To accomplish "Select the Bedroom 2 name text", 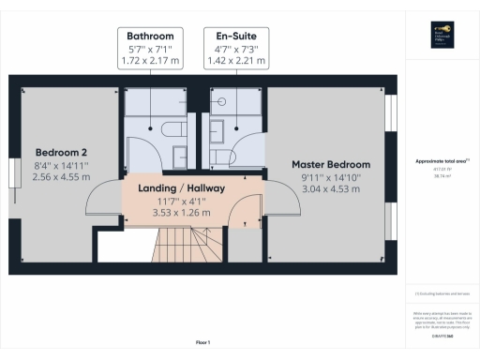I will (62, 152).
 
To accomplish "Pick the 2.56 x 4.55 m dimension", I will (62, 176).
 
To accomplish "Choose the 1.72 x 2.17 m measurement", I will (150, 62).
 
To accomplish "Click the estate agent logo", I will (440, 37).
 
